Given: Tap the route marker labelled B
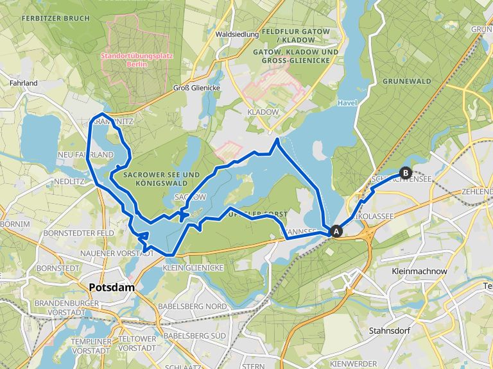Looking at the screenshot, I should [x=405, y=172].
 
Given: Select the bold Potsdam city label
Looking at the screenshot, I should [x=112, y=288].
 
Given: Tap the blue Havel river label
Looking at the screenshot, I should [x=347, y=102].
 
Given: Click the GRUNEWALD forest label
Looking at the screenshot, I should [x=406, y=82].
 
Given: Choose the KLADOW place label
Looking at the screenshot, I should [x=263, y=111].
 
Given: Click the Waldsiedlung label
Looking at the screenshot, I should [x=238, y=34].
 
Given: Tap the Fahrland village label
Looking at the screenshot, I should [x=24, y=83].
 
